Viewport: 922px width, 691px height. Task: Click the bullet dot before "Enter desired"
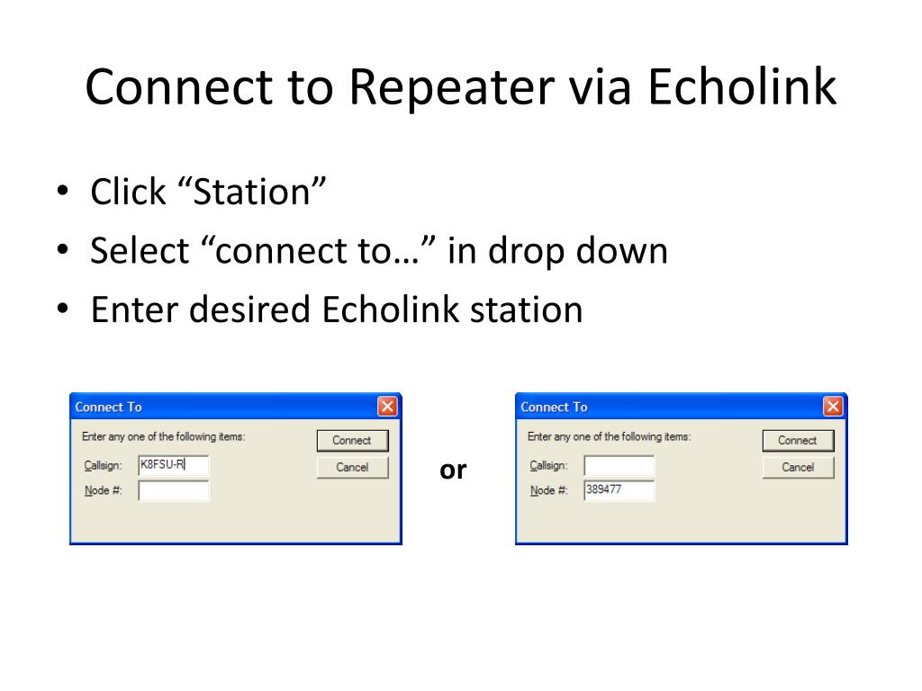[63, 310]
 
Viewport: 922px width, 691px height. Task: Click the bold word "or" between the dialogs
[453, 470]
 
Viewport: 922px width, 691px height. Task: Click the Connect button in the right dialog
[798, 440]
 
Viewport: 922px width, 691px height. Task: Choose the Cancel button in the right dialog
[798, 467]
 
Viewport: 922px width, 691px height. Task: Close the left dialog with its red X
[388, 407]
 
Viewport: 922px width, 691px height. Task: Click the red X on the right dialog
[834, 407]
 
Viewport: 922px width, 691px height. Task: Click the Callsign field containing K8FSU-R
[173, 465]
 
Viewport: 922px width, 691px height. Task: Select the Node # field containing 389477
[619, 490]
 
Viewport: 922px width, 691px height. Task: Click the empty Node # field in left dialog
[173, 490]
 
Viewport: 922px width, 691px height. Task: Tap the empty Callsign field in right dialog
[619, 465]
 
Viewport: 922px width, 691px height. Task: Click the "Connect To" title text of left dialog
[108, 407]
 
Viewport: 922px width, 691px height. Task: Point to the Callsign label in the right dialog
[548, 465]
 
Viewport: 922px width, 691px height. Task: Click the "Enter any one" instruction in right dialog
[609, 436]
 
